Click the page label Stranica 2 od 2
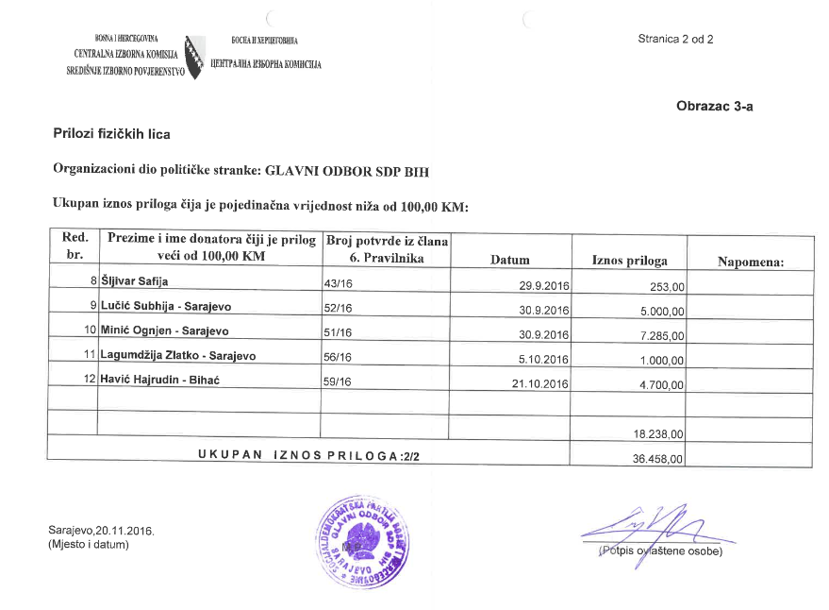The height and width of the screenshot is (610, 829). point(675,39)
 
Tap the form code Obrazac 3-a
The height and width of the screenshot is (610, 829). point(715,106)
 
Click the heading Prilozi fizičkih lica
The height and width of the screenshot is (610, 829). point(111,135)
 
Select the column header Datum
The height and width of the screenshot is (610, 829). point(510,260)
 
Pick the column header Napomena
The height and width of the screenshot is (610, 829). point(751,261)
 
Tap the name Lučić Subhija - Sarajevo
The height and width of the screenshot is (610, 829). point(166,306)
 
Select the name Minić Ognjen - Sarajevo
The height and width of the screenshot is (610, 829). point(164,330)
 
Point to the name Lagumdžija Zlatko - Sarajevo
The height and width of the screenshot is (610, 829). point(178,355)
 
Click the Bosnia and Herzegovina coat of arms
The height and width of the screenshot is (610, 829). point(194,57)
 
